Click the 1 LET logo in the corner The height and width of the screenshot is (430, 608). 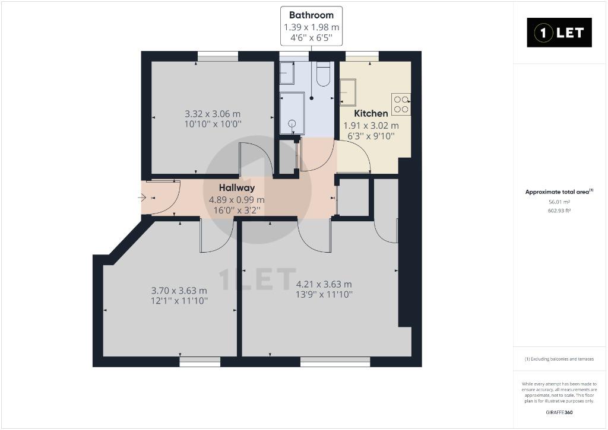click(x=559, y=33)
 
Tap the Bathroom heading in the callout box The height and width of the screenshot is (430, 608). click(x=311, y=15)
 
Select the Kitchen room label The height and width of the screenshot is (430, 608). click(x=371, y=113)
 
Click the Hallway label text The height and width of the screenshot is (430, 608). click(x=237, y=188)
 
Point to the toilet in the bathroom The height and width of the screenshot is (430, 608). click(x=323, y=74)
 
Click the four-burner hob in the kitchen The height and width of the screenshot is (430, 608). click(x=401, y=104)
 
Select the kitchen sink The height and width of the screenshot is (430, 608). click(x=348, y=92)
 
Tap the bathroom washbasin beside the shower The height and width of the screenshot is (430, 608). click(x=287, y=73)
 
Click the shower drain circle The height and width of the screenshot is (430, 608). click(x=292, y=123)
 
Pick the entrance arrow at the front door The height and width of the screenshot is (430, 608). click(x=142, y=198)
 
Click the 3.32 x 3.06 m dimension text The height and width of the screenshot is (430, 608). click(x=213, y=114)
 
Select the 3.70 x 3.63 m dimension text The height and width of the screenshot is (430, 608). click(x=179, y=291)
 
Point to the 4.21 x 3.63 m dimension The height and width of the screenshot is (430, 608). click(x=324, y=284)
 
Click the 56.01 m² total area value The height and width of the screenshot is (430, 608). click(x=559, y=202)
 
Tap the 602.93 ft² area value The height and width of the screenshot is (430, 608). click(x=559, y=211)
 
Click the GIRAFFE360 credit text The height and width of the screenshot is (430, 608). click(x=559, y=412)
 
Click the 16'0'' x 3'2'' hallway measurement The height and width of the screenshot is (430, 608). click(x=237, y=210)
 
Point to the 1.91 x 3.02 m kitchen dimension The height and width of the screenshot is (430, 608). click(x=371, y=126)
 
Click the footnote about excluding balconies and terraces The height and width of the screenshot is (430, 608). click(x=559, y=359)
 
